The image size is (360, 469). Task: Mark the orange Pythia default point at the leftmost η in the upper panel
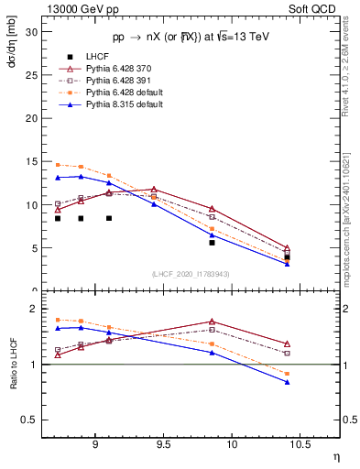58,165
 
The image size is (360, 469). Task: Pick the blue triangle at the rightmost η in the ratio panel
288,382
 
